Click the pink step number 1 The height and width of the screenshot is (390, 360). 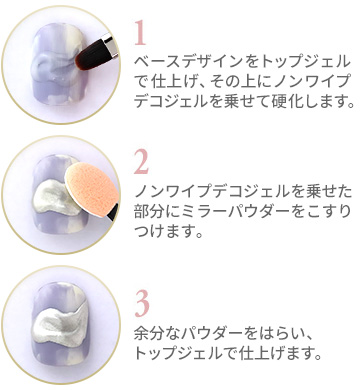point(140,33)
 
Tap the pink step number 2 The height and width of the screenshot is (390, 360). point(141,162)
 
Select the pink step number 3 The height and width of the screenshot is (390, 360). point(142,305)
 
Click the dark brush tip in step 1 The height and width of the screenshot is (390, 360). point(89,55)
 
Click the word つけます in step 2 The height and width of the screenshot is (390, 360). point(163,230)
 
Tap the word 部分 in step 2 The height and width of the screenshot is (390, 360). point(150,211)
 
